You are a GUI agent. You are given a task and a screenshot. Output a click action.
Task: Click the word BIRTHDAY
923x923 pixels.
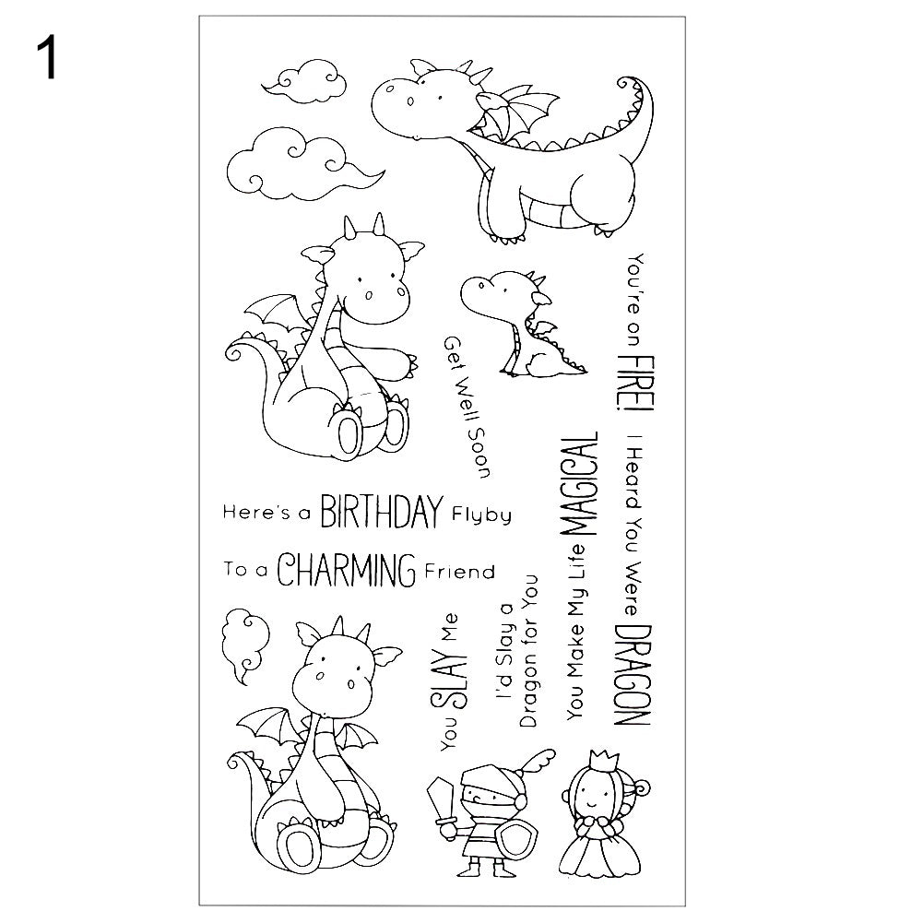pos(381,512)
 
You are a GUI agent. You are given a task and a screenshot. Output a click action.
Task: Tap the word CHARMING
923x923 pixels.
pos(346,570)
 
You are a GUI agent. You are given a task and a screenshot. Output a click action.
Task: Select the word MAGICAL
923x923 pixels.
pos(581,483)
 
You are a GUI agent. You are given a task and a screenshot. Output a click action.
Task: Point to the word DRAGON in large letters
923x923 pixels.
pos(633,675)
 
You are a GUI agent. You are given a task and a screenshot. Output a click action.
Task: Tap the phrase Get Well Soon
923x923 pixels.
pos(467,407)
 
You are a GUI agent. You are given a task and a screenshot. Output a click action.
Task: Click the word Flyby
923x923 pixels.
pos(481,515)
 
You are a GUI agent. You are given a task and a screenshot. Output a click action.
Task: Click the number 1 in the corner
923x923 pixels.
pos(46,56)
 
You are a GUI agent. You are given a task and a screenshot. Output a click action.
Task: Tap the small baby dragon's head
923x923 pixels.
pos(501,293)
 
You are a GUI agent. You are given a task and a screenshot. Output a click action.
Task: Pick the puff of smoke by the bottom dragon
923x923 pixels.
pos(244,645)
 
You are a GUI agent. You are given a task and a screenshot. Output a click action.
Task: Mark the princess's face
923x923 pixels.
pos(593,797)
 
